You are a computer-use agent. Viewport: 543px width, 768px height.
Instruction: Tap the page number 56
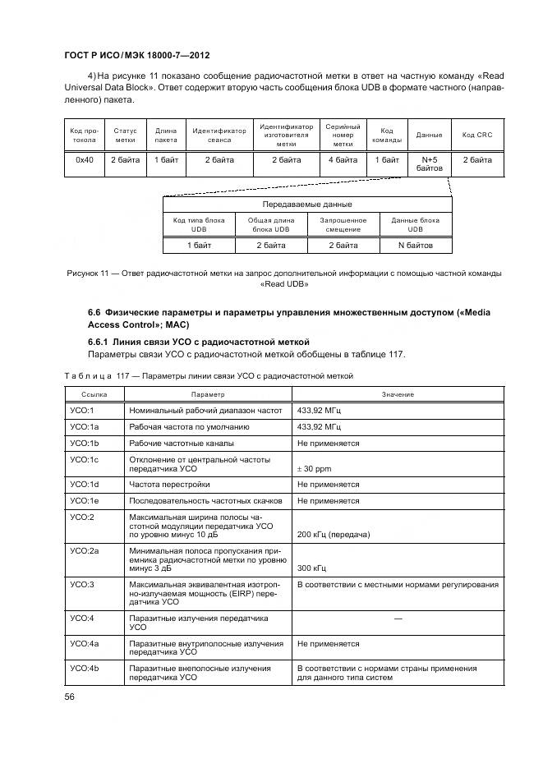(x=70, y=697)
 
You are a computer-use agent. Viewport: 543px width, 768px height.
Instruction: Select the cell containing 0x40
(x=84, y=160)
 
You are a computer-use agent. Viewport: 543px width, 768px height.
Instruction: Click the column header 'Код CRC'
(x=477, y=135)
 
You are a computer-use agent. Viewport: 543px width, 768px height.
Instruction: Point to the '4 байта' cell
(x=343, y=160)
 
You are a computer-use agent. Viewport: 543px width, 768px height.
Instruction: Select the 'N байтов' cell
(x=415, y=245)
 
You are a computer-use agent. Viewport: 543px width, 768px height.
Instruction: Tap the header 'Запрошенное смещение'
(x=343, y=225)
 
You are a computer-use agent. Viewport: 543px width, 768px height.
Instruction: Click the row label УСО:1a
(x=85, y=427)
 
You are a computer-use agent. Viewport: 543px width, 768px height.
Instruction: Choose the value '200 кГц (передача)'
(x=333, y=535)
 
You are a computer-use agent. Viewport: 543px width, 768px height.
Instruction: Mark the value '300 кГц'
(x=311, y=568)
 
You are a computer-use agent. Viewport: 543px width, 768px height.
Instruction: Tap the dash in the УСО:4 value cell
(x=398, y=617)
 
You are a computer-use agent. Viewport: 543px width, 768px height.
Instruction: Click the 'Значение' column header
(x=398, y=395)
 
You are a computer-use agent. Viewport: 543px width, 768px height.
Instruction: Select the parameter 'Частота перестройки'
(x=169, y=485)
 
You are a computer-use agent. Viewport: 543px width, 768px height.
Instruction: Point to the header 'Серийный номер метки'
(x=343, y=135)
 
